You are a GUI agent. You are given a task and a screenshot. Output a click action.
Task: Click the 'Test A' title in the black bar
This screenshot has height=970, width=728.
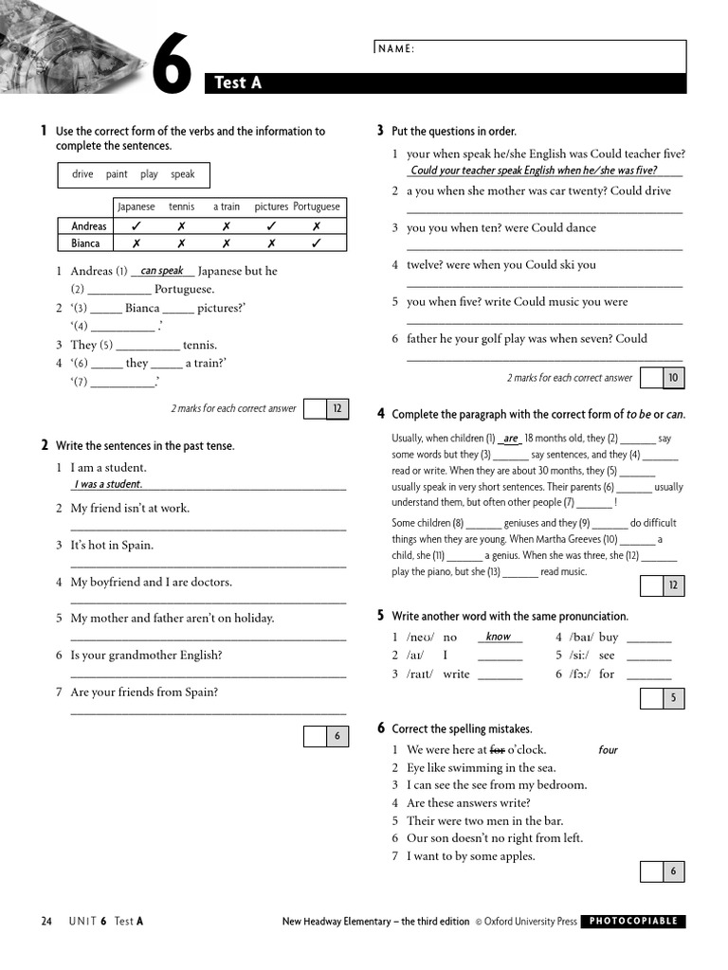[238, 83]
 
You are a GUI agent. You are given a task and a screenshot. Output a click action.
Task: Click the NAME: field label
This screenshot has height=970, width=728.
[396, 49]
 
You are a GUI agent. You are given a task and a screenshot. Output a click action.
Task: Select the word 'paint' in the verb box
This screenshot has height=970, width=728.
[117, 174]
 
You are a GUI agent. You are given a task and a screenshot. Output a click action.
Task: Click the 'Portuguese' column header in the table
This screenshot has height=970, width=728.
[316, 207]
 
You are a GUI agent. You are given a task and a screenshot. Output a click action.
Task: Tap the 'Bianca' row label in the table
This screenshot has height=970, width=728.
[85, 243]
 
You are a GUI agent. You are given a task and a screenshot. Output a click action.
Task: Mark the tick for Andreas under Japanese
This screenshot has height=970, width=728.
[136, 226]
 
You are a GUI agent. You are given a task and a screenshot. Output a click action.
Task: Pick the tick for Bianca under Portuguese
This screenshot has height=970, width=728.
[316, 243]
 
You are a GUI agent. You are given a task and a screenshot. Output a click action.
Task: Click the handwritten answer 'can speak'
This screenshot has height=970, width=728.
[161, 271]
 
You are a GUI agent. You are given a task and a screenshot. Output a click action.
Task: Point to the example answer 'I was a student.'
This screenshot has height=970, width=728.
[108, 485]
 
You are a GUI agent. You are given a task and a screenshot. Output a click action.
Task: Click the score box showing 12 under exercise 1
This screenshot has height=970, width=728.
[337, 409]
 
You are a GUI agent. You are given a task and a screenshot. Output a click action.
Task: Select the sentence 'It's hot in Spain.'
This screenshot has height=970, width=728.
[112, 546]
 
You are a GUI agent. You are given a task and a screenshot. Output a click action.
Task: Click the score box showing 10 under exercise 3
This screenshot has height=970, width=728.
[673, 378]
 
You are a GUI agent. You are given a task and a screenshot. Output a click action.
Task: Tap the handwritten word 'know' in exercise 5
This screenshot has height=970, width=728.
[498, 638]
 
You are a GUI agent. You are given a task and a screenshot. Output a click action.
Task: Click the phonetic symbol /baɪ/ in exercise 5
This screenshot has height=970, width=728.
[580, 638]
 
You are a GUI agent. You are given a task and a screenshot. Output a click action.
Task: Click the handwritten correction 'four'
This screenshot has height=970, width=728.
[608, 750]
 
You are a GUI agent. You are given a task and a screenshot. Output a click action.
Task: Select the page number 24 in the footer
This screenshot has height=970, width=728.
[46, 921]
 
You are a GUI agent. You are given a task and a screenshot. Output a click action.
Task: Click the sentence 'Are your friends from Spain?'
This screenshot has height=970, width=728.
[144, 692]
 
